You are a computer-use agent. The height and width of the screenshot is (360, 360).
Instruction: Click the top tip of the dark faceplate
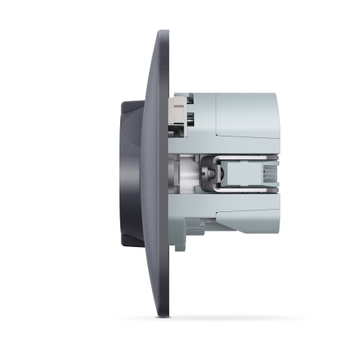163,33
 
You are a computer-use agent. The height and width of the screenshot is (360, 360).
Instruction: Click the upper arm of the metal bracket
244,155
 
